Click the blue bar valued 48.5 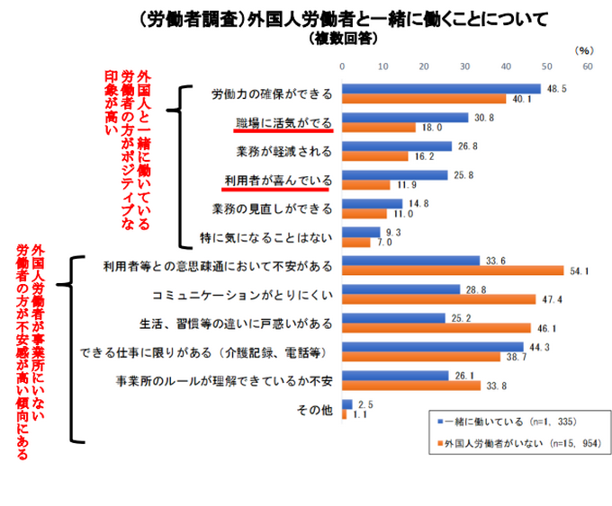(x=441, y=88)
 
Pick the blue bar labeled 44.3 (x=433, y=345)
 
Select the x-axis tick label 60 (x=587, y=66)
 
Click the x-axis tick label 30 (x=464, y=66)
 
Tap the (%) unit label (x=582, y=50)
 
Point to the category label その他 (x=314, y=409)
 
